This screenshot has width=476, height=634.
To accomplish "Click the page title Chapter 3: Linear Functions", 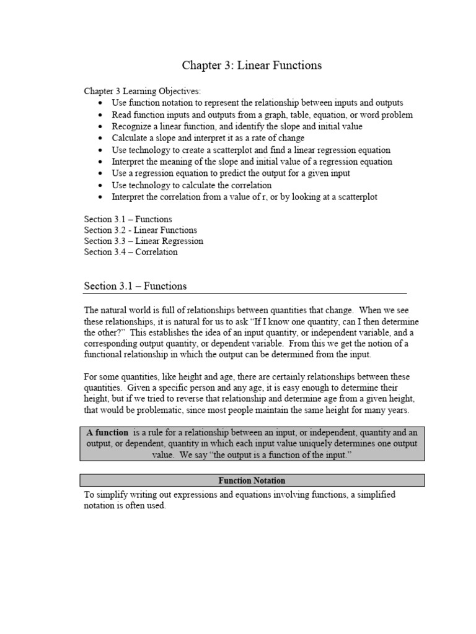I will [251, 65].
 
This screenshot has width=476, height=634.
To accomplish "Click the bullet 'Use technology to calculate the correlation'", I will [192, 185].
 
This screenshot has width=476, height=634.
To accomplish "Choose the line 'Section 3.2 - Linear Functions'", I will [141, 230].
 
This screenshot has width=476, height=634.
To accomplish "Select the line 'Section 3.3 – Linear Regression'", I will [144, 241].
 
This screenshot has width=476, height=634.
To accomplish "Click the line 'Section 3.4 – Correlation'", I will [131, 252].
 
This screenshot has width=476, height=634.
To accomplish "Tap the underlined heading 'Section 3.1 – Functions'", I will [135, 286].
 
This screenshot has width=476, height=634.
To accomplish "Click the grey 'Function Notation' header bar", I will [252, 480].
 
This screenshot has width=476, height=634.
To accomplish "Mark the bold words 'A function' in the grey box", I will [107, 433].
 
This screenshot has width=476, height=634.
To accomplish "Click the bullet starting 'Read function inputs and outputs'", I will [262, 115].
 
